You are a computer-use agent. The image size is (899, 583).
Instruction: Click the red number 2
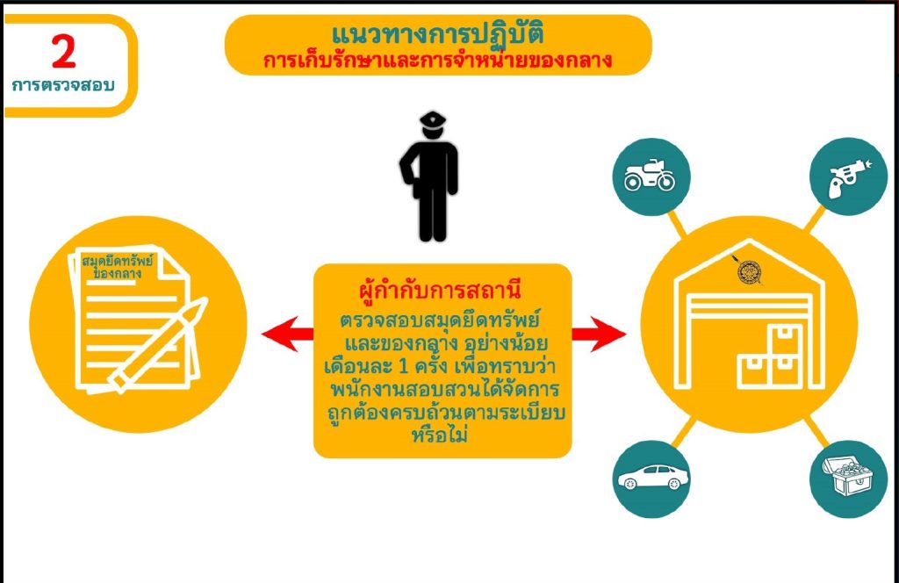pyautogui.click(x=63, y=52)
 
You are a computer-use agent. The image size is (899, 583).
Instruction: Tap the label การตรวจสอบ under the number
pyautogui.click(x=63, y=85)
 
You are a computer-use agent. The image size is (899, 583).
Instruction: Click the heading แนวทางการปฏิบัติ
pyautogui.click(x=437, y=33)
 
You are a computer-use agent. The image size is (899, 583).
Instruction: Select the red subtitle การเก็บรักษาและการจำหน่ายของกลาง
pyautogui.click(x=437, y=61)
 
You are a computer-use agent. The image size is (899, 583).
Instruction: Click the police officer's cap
pyautogui.click(x=433, y=119)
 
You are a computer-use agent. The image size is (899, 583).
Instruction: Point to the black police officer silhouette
pyautogui.click(x=430, y=176)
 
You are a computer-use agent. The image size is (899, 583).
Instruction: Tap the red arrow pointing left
pyautogui.click(x=287, y=334)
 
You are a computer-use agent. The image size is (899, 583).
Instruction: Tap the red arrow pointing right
pyautogui.click(x=599, y=334)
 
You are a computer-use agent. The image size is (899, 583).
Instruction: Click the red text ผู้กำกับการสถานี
pyautogui.click(x=440, y=290)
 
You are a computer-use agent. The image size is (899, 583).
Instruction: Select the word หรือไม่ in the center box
pyautogui.click(x=440, y=435)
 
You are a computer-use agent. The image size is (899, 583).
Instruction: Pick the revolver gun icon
pyautogui.click(x=849, y=177)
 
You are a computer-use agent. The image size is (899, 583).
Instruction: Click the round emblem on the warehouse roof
pyautogui.click(x=749, y=271)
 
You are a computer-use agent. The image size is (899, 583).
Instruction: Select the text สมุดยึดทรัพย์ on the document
pyautogui.click(x=118, y=261)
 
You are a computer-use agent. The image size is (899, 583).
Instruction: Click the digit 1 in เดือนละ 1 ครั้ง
pyautogui.click(x=402, y=366)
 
